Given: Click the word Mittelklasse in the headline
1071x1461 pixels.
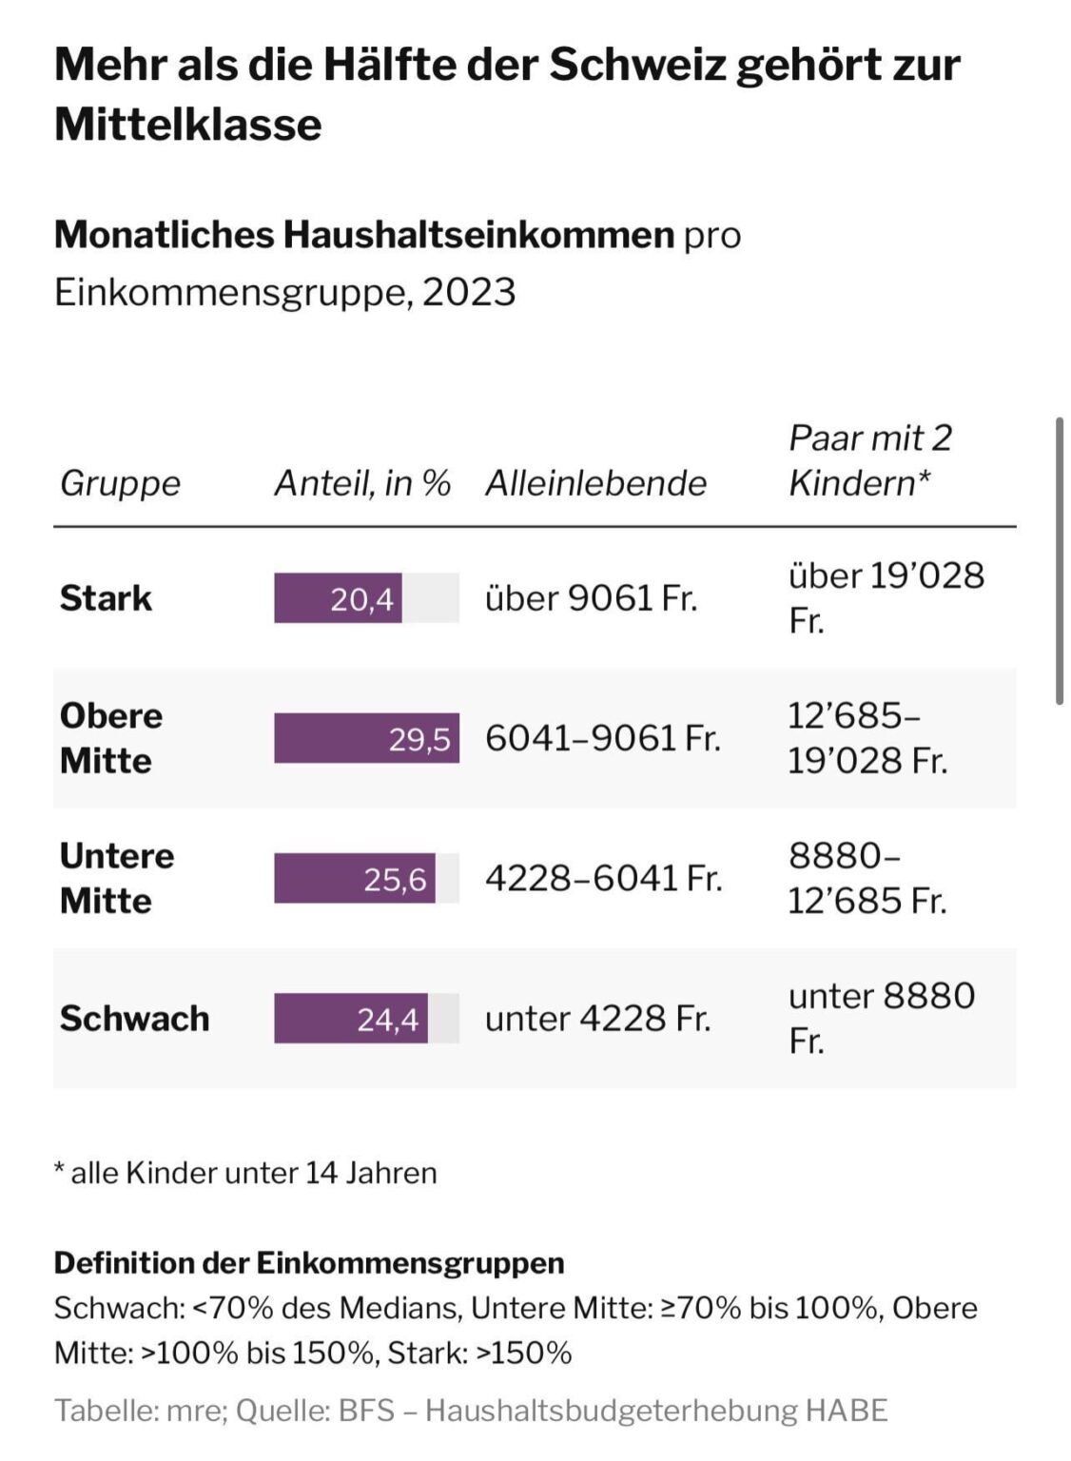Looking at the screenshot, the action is tap(187, 124).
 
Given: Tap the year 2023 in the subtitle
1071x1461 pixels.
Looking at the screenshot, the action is tap(469, 292).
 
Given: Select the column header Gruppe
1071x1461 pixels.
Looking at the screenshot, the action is tap(120, 484).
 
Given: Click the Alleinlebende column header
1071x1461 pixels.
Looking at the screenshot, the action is tap(595, 484).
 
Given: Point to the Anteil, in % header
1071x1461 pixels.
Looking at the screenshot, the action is tap(362, 484).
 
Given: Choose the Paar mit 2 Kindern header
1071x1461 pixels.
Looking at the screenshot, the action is tap(870, 460).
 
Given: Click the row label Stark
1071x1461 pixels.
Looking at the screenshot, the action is tap(106, 598).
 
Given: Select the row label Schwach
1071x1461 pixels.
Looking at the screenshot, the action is tap(134, 1018).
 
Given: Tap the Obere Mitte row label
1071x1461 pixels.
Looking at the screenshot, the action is tap(111, 738).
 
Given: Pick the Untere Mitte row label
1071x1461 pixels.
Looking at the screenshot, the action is tap(117, 879).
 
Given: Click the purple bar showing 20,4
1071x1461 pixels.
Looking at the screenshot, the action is tap(338, 598).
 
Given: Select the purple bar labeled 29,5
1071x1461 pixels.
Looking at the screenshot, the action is tap(366, 738).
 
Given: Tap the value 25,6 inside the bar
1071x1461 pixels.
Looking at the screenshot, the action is tap(395, 879).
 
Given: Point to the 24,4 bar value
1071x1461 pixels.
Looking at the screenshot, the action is tap(387, 1020).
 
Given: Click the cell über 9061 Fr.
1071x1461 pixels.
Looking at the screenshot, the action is tap(591, 598).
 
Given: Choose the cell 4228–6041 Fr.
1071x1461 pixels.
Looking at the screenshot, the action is tap(603, 879).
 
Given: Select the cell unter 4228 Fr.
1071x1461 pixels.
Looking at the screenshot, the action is tap(597, 1018).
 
